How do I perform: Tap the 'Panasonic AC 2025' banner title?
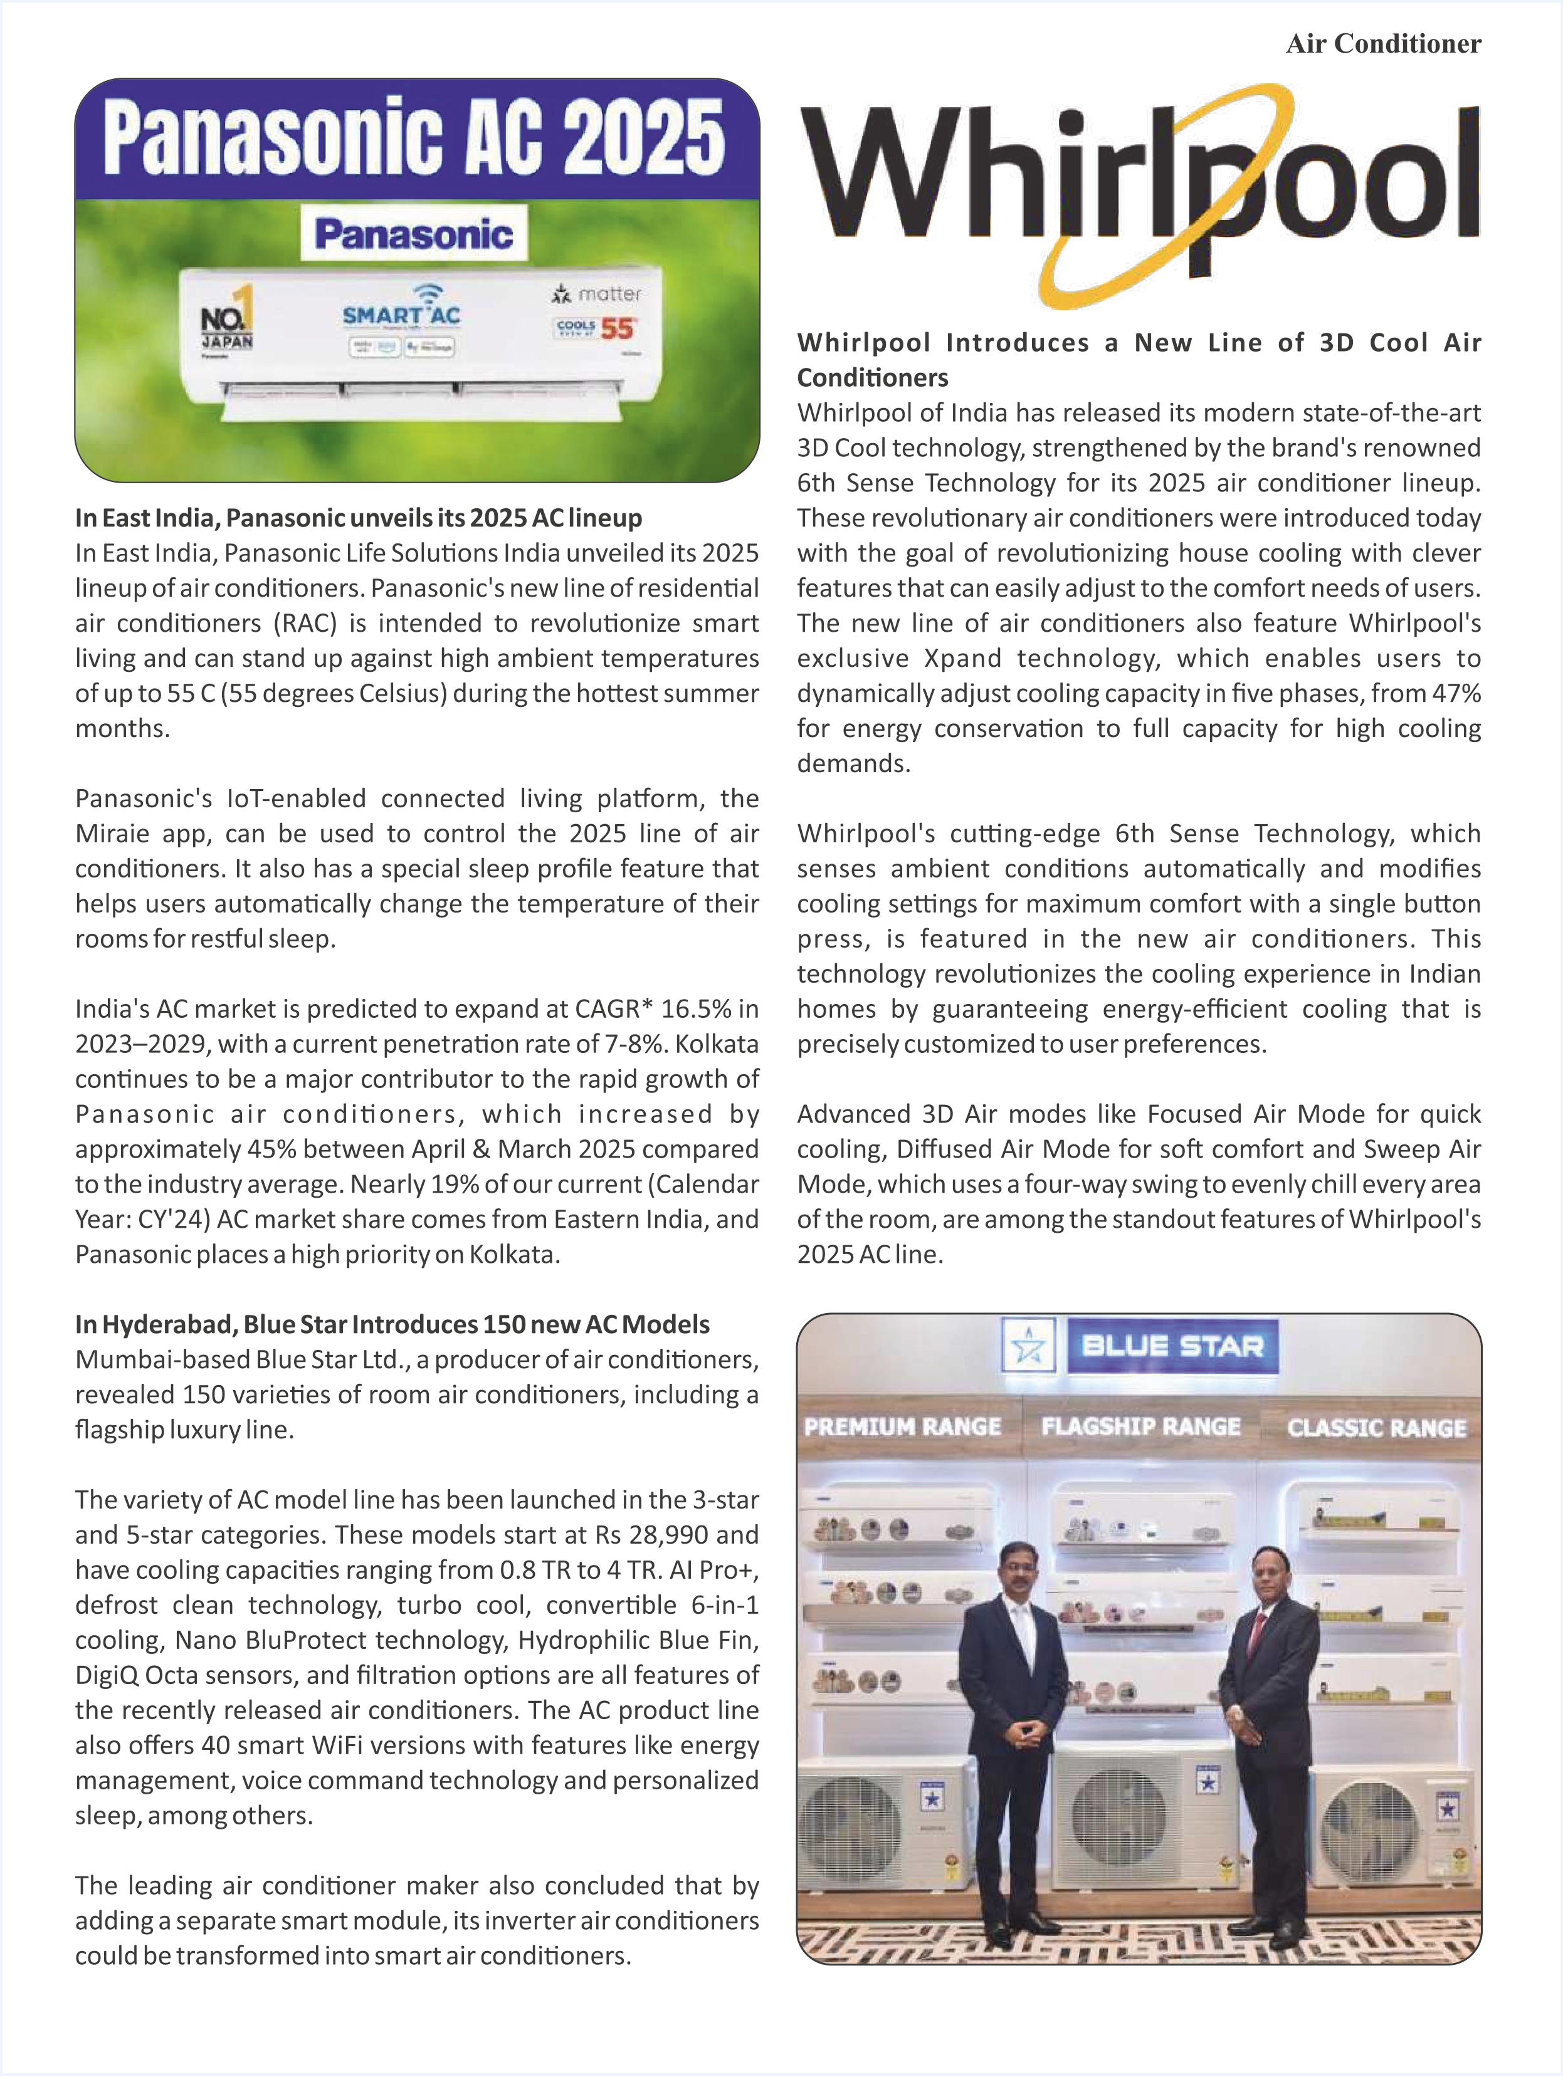point(414,139)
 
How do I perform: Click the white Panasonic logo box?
point(414,234)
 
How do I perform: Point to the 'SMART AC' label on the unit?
point(401,315)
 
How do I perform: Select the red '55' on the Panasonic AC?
point(617,328)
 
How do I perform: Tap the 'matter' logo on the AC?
point(597,294)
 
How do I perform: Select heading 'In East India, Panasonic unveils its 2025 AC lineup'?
point(359,518)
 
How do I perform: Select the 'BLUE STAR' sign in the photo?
point(1172,1346)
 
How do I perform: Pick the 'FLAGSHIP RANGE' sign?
point(1140,1427)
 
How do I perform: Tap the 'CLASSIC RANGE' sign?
point(1376,1428)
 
